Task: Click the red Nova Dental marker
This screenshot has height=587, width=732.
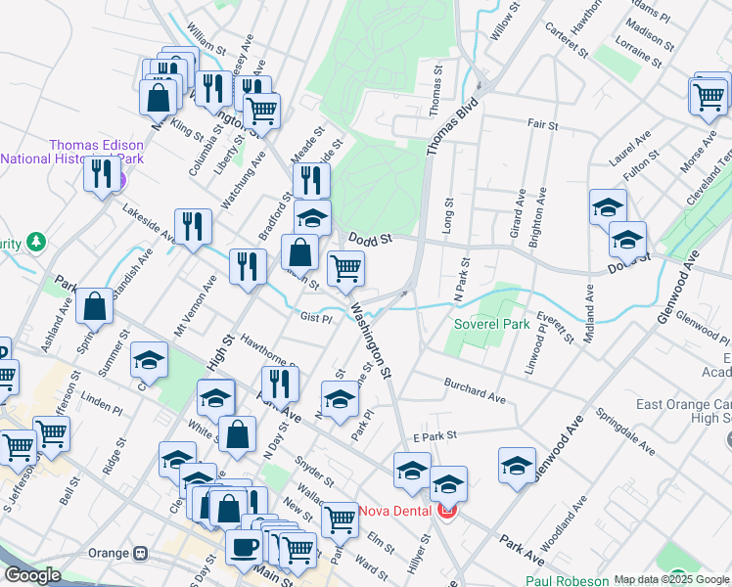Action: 447,510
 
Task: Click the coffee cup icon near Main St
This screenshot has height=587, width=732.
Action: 244,547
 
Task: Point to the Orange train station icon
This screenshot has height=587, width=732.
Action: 141,554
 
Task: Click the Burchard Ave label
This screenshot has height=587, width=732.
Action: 475,391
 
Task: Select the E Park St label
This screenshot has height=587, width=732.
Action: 436,435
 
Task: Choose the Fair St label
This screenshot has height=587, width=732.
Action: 542,125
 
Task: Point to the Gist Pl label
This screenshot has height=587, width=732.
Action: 316,317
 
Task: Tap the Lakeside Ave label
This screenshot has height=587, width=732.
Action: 150,223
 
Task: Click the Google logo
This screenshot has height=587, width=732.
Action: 32,575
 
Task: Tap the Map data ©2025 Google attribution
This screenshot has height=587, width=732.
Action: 671,579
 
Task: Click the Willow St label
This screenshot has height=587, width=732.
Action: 509,21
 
